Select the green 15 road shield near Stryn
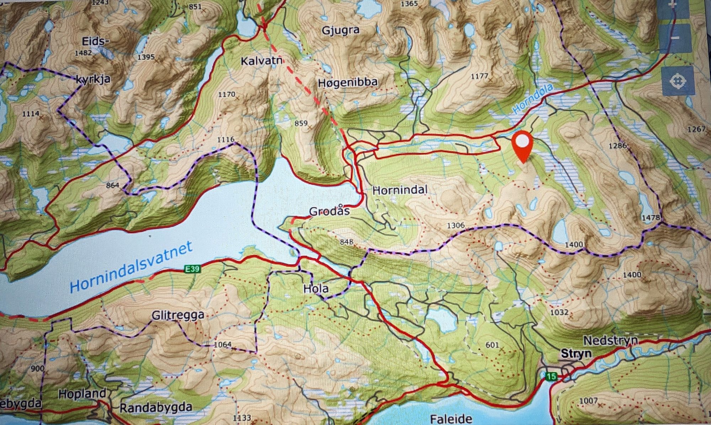pyautogui.click(x=551, y=376)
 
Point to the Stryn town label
pyautogui.click(x=576, y=354)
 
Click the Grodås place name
pyautogui.click(x=330, y=211)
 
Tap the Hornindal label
pyautogui.click(x=400, y=190)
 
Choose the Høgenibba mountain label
pyautogui.click(x=347, y=82)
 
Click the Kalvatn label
pyautogui.click(x=262, y=61)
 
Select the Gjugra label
pyautogui.click(x=341, y=31)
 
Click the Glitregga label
pyautogui.click(x=178, y=316)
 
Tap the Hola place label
pyautogui.click(x=316, y=289)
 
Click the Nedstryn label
pyautogui.click(x=611, y=341)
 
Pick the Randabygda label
pyautogui.click(x=156, y=407)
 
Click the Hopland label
pyautogui.click(x=82, y=394)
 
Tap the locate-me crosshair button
pyautogui.click(x=678, y=81)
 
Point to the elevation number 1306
pyautogui.click(x=455, y=226)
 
